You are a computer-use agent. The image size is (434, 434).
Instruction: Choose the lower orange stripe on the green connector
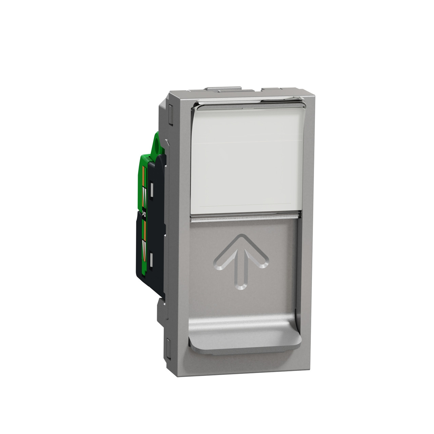click(x=144, y=234)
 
